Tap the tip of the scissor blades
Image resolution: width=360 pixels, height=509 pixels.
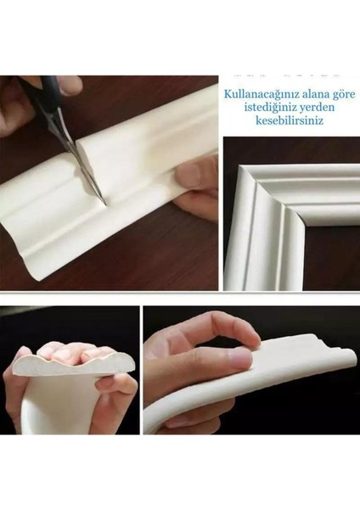point(101,200)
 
